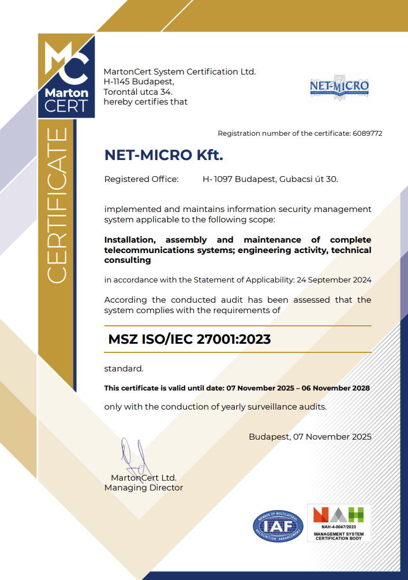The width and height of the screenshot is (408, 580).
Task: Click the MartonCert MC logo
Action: (66, 75)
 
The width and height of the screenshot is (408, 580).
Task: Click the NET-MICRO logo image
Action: (339, 87)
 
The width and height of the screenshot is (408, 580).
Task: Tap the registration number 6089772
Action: (367, 133)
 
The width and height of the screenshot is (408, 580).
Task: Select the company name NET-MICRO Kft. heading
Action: (163, 155)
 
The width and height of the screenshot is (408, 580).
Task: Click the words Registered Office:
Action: (141, 179)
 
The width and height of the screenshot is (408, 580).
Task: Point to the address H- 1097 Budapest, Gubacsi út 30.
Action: (270, 179)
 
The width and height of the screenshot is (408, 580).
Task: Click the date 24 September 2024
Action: (334, 280)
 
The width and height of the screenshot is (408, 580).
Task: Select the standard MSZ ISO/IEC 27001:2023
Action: (189, 340)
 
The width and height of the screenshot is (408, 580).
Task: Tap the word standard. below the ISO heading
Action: (123, 369)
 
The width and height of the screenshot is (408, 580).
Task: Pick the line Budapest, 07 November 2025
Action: (310, 437)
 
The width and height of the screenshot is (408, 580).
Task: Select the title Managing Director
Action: (143, 488)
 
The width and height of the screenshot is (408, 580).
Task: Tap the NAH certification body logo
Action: (339, 523)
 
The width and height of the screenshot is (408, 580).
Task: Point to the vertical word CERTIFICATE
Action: (57, 206)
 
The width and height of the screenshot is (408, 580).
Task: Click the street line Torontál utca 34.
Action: (138, 92)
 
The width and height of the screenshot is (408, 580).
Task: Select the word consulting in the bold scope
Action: (128, 260)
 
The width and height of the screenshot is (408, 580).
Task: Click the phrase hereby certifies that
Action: (145, 102)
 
